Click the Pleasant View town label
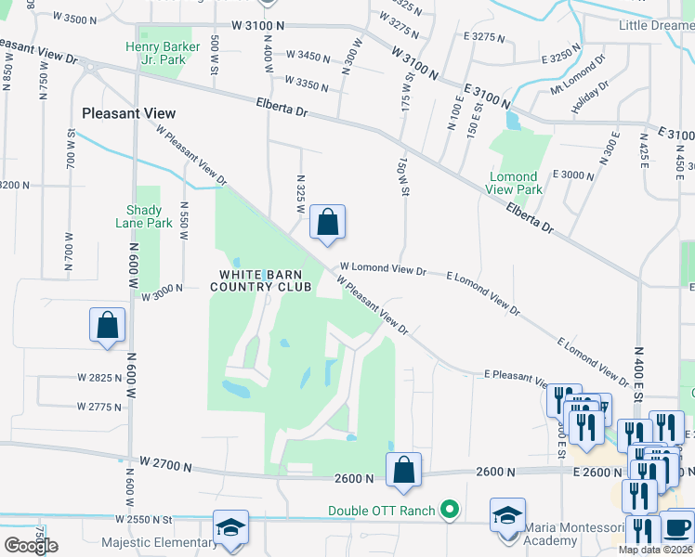(128, 113)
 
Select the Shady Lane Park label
(144, 216)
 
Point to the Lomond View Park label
(513, 183)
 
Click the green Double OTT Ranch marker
(451, 510)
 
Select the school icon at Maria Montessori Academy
(508, 516)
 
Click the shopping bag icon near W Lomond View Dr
(327, 223)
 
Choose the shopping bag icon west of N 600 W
(108, 325)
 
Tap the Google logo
(31, 546)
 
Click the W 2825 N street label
(99, 378)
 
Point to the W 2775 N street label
(99, 407)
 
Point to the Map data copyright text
(654, 550)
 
